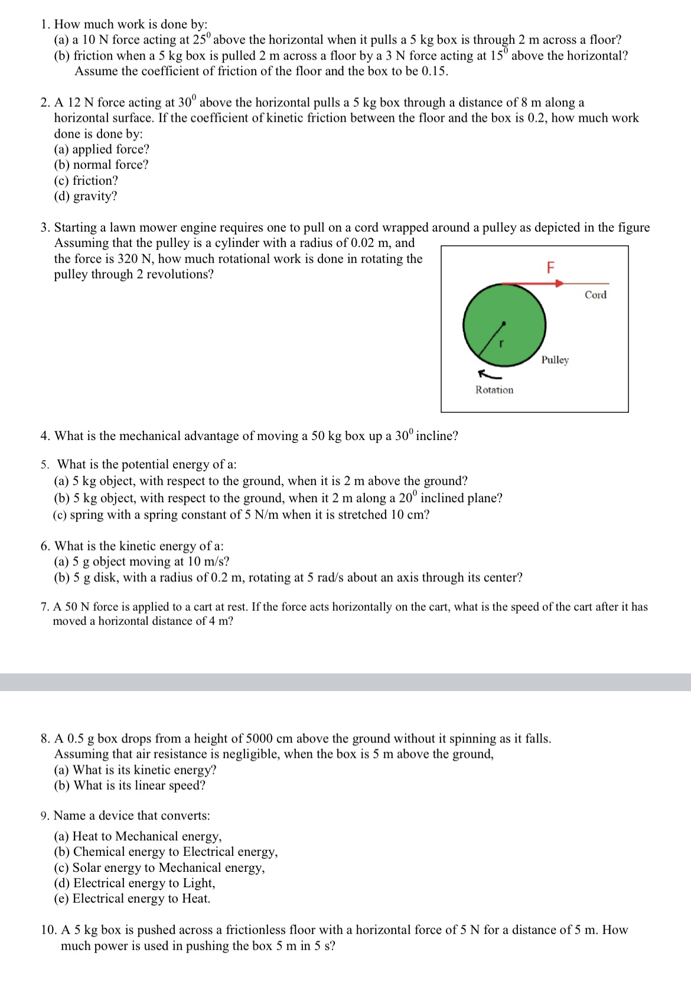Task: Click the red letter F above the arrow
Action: [550, 268]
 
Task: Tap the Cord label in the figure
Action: [595, 295]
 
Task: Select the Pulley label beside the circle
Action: [555, 360]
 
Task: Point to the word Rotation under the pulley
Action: [494, 390]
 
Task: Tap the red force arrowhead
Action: [559, 284]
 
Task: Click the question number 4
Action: [45, 436]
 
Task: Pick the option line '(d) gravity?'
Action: [86, 196]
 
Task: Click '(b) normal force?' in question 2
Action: [101, 165]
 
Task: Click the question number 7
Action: [45, 607]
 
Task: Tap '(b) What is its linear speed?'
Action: [130, 785]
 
